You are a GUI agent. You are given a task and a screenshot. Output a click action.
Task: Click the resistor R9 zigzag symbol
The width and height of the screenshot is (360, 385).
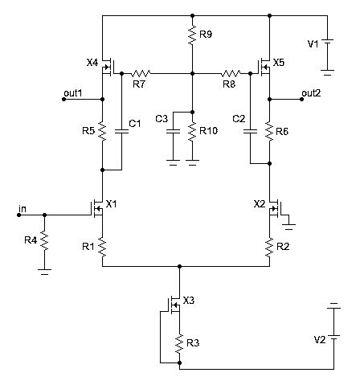tap(192, 35)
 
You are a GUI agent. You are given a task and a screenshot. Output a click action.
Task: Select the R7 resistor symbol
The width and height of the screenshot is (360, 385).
tap(141, 73)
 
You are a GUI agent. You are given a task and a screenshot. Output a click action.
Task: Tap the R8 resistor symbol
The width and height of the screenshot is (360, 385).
tap(231, 73)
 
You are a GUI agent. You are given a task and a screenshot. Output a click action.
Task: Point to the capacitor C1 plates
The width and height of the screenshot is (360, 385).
tap(121, 131)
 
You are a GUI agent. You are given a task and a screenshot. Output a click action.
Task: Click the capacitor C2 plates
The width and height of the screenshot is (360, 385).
tap(250, 131)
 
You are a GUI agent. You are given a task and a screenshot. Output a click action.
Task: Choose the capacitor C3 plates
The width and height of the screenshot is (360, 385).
tap(173, 131)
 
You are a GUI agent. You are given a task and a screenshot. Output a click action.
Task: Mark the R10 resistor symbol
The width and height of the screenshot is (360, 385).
tap(192, 131)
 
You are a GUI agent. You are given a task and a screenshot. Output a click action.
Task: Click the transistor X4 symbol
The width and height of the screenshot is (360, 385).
tap(108, 67)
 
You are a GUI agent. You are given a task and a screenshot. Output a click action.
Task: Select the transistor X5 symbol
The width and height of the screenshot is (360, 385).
tap(264, 67)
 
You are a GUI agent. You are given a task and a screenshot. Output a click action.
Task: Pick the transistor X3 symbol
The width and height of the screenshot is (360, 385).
tap(174, 305)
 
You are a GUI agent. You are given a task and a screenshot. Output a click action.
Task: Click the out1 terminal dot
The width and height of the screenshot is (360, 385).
tap(63, 99)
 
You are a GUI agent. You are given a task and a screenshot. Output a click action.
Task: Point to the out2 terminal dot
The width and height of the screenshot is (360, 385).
tap(301, 99)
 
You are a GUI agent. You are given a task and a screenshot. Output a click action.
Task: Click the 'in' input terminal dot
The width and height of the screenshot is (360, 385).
tap(18, 215)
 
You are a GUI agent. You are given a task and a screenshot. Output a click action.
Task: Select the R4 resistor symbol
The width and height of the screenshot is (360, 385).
tap(44, 240)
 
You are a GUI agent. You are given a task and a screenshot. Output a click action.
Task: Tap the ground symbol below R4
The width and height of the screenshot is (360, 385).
tap(44, 272)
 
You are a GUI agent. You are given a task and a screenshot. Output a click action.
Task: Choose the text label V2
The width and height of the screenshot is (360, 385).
tap(320, 340)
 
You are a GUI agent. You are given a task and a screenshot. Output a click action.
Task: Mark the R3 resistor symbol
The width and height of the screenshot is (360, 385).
tap(179, 343)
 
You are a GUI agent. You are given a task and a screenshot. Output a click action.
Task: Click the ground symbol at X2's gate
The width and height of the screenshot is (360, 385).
tap(288, 227)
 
